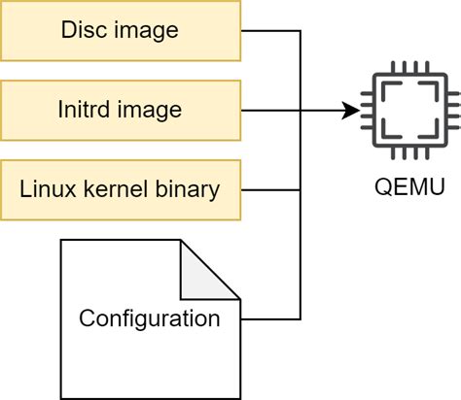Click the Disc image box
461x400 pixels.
point(120,30)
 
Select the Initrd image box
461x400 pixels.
point(120,110)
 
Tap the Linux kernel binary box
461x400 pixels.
point(120,188)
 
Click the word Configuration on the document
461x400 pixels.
point(149,318)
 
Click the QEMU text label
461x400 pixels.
point(409,186)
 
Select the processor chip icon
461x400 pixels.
point(409,113)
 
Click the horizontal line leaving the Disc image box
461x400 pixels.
point(270,30)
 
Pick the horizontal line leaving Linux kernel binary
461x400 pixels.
point(270,189)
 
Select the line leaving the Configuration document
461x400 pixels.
point(270,318)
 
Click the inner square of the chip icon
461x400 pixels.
point(409,113)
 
